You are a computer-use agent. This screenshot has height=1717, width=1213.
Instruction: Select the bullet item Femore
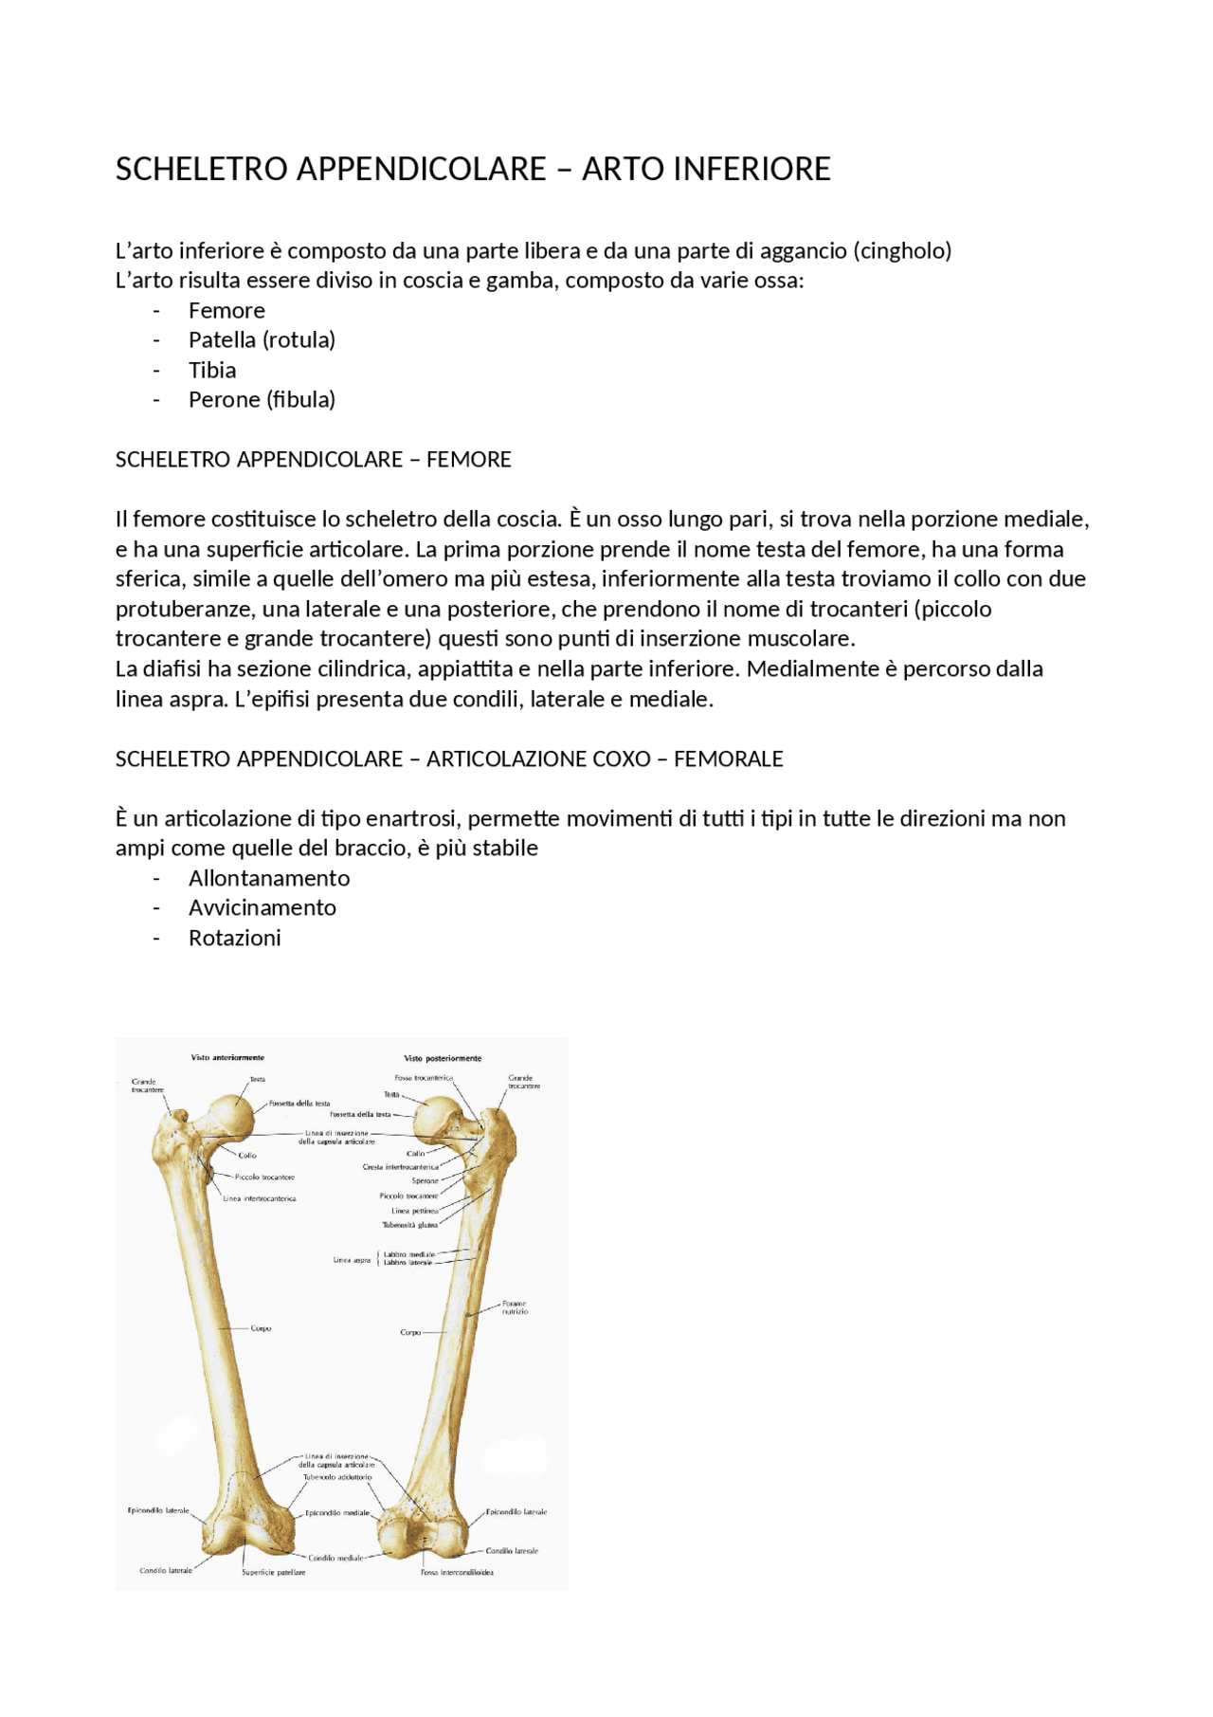pyautogui.click(x=226, y=311)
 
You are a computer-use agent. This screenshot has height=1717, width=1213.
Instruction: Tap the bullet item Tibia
pyautogui.click(x=212, y=371)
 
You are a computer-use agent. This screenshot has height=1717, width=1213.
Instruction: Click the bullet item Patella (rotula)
pyautogui.click(x=262, y=340)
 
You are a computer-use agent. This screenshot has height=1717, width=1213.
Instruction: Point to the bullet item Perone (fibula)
pyautogui.click(x=262, y=400)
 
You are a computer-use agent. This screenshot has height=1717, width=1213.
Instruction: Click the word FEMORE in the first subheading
pyautogui.click(x=468, y=460)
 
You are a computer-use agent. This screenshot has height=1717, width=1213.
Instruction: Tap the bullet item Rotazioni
pyautogui.click(x=234, y=939)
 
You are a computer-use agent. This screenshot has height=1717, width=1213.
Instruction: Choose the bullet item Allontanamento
pyautogui.click(x=269, y=879)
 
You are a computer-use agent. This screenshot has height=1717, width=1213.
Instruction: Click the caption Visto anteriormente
pyautogui.click(x=227, y=1057)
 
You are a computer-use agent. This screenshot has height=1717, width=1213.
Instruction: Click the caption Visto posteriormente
pyautogui.click(x=443, y=1058)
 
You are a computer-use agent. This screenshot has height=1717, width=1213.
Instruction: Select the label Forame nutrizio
pyautogui.click(x=515, y=1307)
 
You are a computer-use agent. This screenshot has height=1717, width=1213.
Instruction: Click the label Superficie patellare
pyautogui.click(x=273, y=1572)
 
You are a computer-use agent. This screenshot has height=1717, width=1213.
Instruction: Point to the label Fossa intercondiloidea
pyautogui.click(x=457, y=1572)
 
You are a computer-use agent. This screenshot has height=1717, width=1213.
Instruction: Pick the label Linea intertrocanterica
pyautogui.click(x=260, y=1198)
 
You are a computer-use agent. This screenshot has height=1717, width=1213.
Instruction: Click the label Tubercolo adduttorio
pyautogui.click(x=337, y=1477)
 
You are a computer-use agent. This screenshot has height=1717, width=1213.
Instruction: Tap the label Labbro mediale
pyautogui.click(x=408, y=1254)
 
